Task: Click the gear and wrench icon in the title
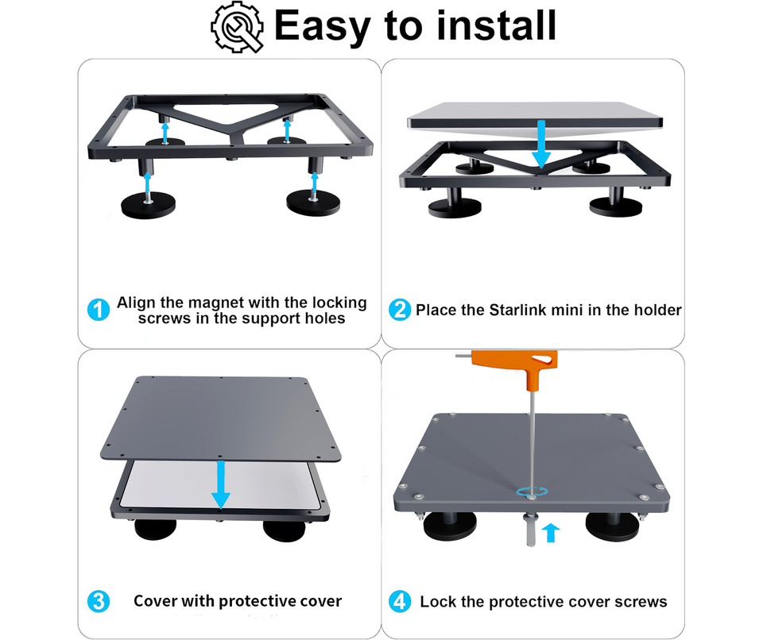tap(238, 27)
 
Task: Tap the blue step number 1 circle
tap(99, 310)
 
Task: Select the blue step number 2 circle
tap(400, 310)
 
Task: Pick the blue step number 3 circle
tap(99, 602)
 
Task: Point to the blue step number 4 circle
tap(400, 602)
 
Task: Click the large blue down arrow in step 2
tap(540, 145)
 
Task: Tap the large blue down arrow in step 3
tap(221, 484)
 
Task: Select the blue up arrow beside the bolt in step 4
tap(550, 533)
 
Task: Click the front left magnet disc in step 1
tap(149, 206)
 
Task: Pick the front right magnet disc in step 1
tap(313, 202)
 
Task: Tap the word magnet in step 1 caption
tap(215, 303)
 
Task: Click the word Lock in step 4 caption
tap(438, 602)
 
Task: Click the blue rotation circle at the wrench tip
tap(533, 492)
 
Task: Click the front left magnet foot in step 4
tap(450, 525)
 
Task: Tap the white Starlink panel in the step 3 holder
tap(219, 484)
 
